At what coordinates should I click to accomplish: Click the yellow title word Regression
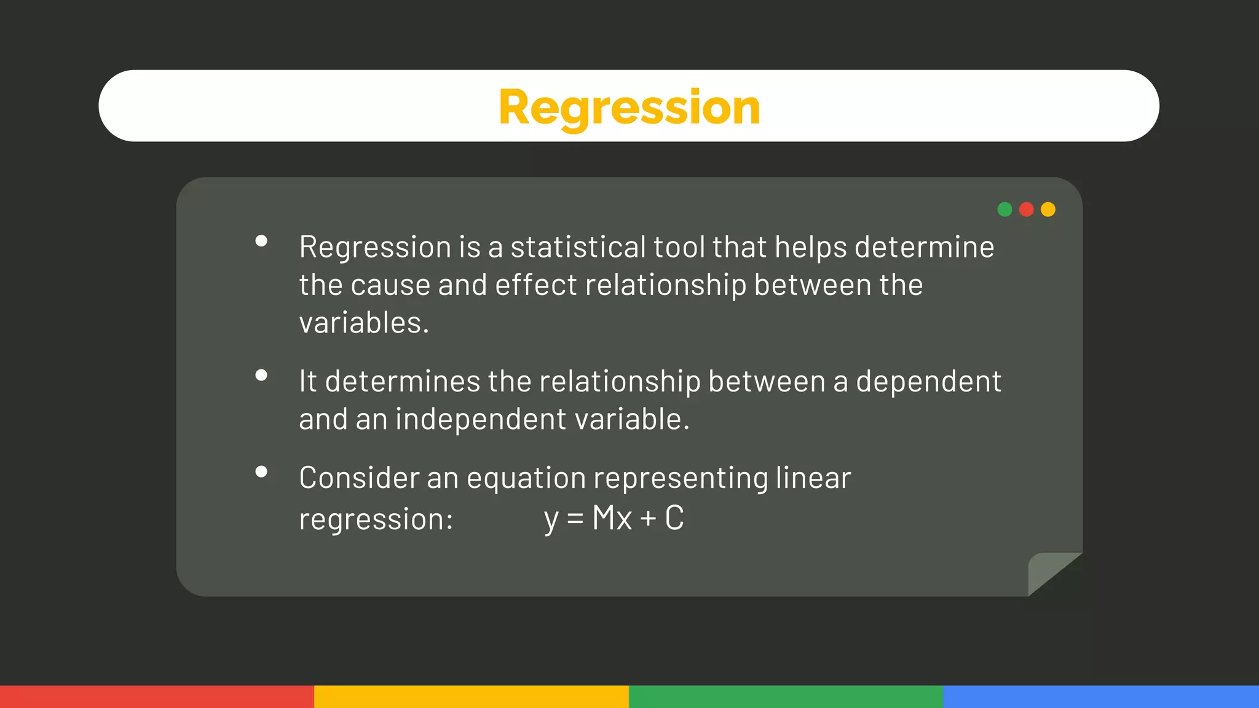pos(629,107)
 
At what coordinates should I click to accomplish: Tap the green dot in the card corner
pos(1004,210)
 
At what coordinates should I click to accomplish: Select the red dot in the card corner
pos(1026,210)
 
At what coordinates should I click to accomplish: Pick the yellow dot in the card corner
pos(1048,210)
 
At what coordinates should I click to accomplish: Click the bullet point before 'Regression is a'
pos(261,241)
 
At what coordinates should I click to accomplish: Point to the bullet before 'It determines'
pos(261,375)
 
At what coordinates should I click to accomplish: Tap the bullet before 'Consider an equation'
pos(261,471)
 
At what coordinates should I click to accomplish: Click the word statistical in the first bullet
pos(578,247)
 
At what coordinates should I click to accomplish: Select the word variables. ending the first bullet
pos(363,323)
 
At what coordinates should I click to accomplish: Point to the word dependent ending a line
pos(928,382)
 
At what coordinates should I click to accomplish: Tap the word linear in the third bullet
pos(813,478)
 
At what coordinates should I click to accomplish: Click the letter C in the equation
pos(674,518)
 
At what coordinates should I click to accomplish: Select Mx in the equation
pos(612,518)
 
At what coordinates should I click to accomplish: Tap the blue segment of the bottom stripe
pos(1100,696)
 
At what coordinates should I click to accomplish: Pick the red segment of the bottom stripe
pos(157,696)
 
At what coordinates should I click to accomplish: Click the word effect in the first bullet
pos(536,285)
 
